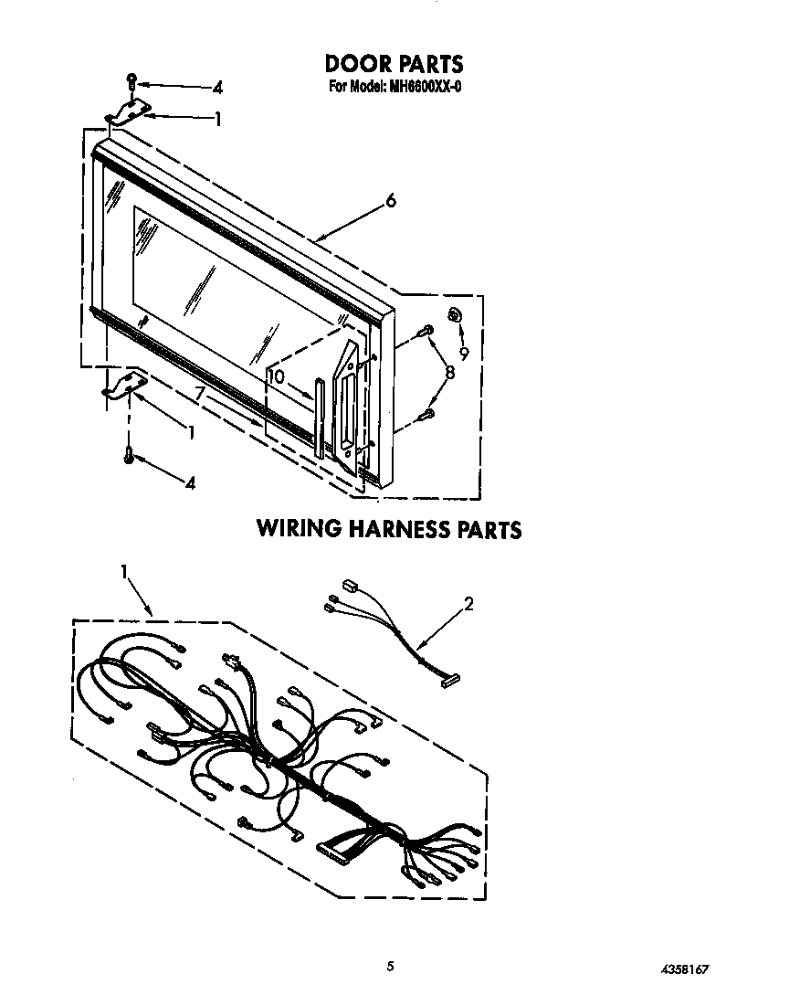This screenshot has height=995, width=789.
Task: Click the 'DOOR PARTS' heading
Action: click(394, 64)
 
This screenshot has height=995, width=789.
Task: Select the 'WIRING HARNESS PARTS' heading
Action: click(389, 529)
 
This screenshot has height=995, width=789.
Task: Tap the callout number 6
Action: click(391, 201)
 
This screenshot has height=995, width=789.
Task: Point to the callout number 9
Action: click(464, 353)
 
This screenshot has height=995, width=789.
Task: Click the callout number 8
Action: click(449, 372)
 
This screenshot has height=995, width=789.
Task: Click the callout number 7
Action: click(200, 394)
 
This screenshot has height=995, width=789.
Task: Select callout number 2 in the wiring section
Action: click(468, 603)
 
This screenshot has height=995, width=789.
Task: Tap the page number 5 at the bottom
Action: click(390, 967)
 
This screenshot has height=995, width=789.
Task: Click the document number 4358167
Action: click(685, 969)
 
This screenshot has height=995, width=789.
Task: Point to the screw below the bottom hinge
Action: click(130, 454)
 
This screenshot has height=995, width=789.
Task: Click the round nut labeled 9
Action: click(454, 313)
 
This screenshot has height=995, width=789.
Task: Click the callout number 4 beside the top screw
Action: click(217, 87)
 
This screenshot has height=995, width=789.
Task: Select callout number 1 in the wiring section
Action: click(124, 572)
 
